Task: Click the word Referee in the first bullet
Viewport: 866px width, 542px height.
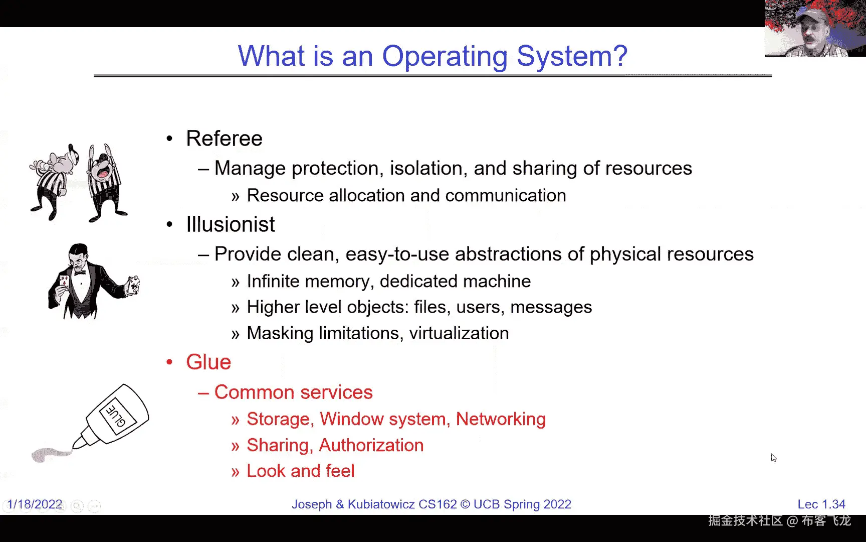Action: click(224, 139)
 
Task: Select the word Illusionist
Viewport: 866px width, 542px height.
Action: click(231, 224)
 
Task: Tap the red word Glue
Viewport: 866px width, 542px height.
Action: click(208, 362)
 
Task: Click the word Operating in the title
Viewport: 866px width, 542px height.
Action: click(445, 56)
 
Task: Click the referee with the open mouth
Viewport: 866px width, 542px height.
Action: click(105, 183)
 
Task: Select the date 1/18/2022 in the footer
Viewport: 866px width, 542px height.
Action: click(35, 504)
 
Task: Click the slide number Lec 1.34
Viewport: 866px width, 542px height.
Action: click(821, 504)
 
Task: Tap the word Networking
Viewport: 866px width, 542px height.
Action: click(501, 419)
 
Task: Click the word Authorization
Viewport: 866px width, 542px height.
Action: click(371, 445)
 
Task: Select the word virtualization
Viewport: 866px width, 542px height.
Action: click(459, 333)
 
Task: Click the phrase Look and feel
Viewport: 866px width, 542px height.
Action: click(301, 471)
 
